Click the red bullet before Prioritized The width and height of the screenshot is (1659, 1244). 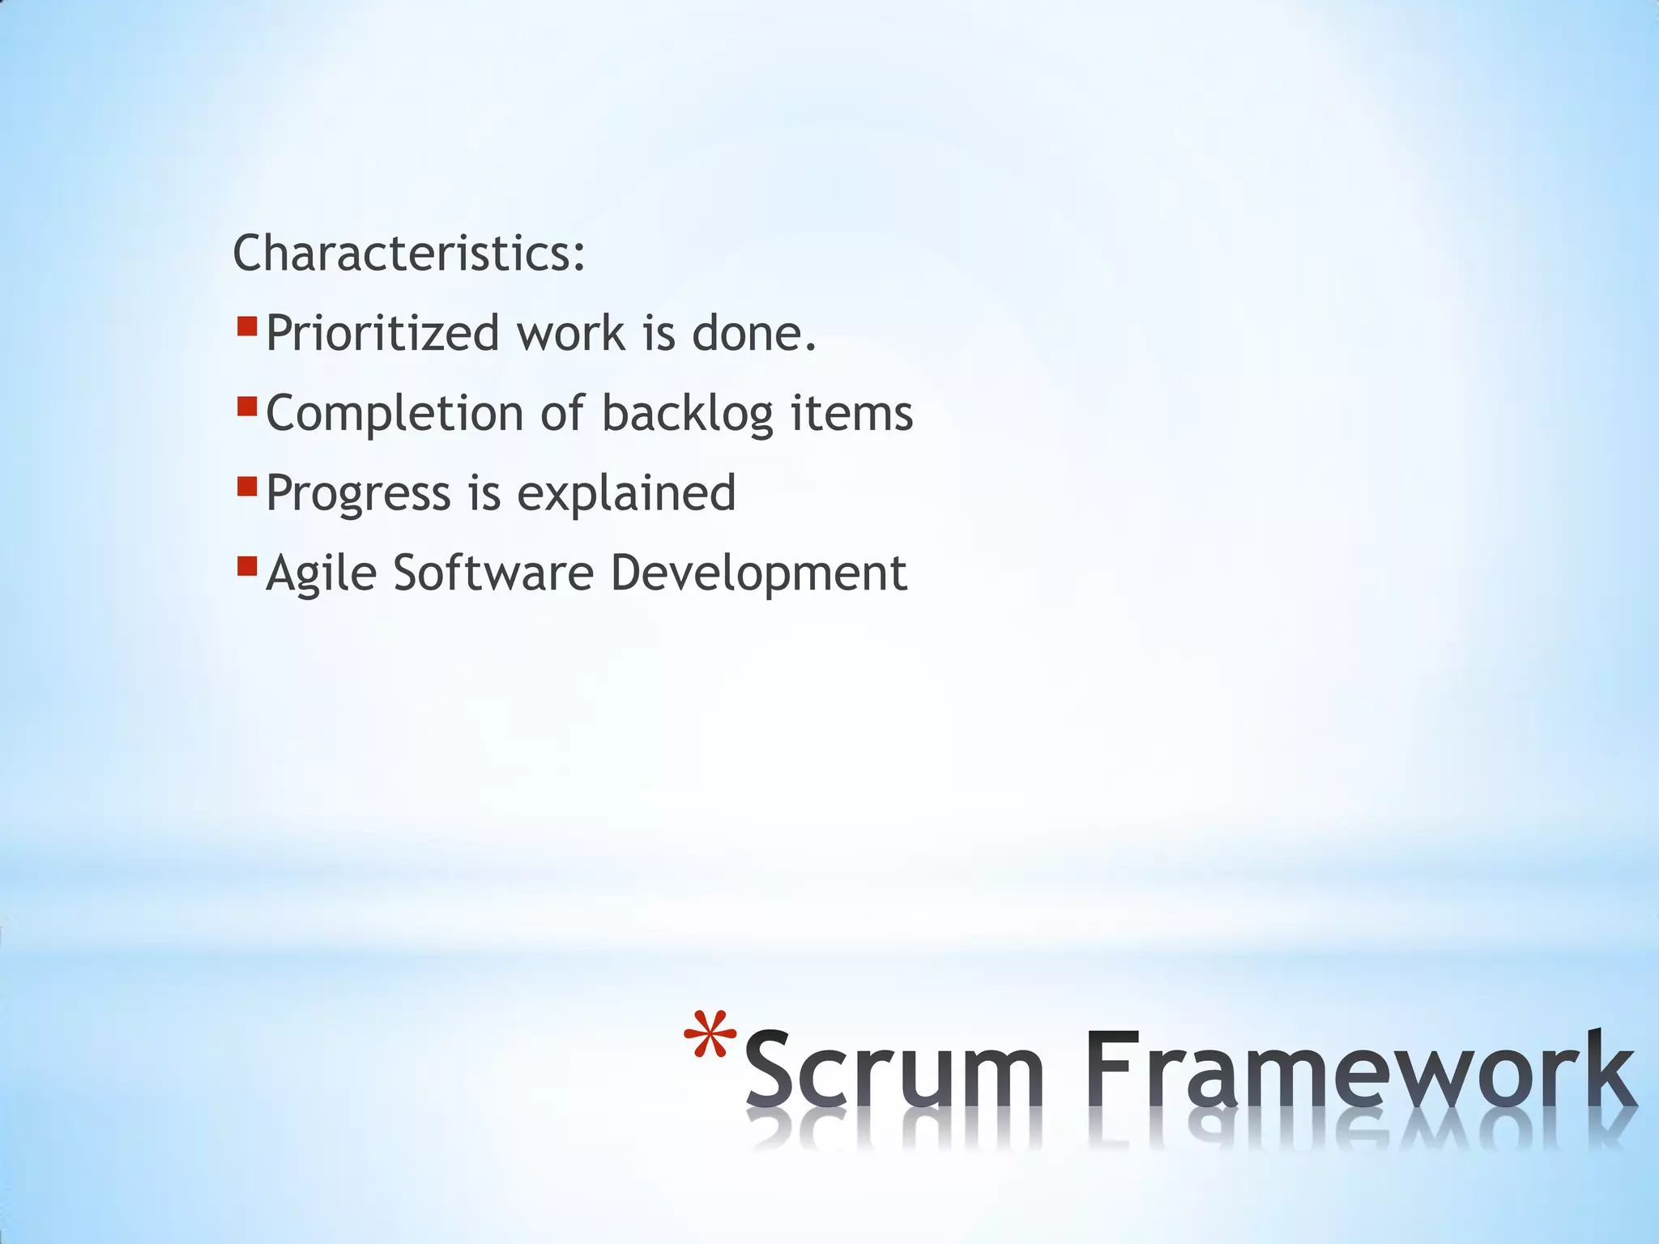pos(247,326)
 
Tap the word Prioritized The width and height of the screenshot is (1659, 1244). pos(382,334)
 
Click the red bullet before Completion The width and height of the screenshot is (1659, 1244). pos(247,406)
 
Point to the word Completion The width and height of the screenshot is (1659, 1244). pos(394,414)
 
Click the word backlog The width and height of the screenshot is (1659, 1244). pos(687,414)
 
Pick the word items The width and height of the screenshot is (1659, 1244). pos(851,414)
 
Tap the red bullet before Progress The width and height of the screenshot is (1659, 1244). pos(247,486)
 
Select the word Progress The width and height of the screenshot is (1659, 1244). pos(358,494)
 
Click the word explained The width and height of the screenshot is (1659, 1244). pos(626,494)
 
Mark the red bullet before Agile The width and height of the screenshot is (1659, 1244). pos(247,564)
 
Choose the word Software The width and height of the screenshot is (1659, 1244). pos(493,573)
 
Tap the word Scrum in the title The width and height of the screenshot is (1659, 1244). pos(893,1069)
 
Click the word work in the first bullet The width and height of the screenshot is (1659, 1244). pos(572,334)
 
